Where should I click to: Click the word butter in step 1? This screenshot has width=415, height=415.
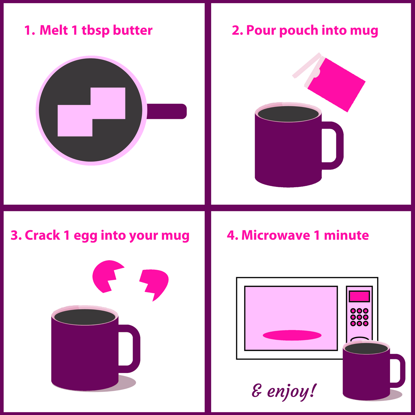(x=133, y=30)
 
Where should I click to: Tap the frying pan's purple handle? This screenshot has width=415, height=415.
(x=167, y=111)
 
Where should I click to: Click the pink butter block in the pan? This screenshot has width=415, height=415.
(x=92, y=112)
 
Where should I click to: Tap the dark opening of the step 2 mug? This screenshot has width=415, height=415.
(x=288, y=114)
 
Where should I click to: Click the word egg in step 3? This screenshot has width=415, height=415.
(x=86, y=236)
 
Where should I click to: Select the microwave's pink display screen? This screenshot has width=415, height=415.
(x=359, y=296)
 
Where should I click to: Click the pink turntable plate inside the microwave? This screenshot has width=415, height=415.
(x=292, y=335)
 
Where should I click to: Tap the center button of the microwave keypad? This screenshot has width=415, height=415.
(x=359, y=317)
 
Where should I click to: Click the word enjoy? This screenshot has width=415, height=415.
(x=292, y=391)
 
